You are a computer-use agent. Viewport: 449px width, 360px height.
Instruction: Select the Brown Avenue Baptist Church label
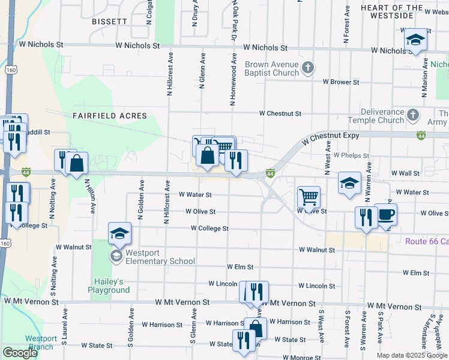272,68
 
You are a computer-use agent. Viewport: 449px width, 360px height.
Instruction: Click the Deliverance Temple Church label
384,116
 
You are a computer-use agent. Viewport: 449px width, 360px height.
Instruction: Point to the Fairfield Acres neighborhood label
110,115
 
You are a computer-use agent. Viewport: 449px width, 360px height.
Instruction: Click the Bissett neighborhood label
110,21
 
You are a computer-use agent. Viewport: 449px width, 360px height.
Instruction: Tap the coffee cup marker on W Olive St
385,215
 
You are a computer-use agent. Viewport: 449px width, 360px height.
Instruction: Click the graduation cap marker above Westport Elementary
119,233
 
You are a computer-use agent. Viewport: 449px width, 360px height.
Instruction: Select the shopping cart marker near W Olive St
309,197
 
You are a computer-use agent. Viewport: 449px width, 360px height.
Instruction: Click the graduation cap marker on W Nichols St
414,41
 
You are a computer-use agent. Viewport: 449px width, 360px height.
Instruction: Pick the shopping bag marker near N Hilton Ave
77,163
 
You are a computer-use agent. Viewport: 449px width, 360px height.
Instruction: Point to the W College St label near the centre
209,229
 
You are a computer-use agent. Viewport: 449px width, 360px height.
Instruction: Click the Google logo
20,353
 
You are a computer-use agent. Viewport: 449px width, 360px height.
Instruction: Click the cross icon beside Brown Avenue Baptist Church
307,67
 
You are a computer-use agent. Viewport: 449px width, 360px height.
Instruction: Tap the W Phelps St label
351,155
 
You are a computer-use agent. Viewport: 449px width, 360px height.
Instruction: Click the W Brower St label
340,82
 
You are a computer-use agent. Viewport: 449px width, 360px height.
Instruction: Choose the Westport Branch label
41,343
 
